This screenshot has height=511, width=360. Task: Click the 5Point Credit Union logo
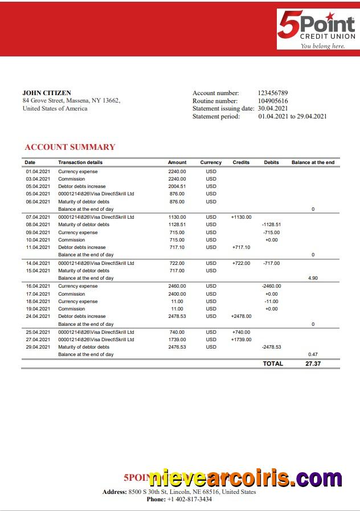[316, 30]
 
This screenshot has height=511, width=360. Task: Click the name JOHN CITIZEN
[47, 93]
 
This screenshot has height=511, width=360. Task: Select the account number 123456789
[273, 93]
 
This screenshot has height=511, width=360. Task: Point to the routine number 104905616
[273, 101]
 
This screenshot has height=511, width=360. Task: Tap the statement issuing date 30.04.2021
[273, 108]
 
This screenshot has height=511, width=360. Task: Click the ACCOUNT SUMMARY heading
[69, 147]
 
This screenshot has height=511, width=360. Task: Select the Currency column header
[211, 162]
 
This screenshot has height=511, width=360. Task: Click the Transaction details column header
[80, 162]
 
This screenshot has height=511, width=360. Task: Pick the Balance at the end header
[313, 162]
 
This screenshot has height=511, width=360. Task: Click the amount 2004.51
[177, 186]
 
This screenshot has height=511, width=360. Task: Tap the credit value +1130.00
[241, 217]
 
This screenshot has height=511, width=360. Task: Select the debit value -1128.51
[271, 224]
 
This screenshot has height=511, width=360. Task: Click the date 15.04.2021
[38, 271]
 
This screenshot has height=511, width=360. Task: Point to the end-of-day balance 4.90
[312, 278]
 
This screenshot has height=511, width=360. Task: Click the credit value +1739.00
[241, 340]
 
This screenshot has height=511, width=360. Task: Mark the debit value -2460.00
[271, 286]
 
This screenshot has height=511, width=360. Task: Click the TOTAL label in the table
[273, 363]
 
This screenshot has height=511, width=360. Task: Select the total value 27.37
[313, 363]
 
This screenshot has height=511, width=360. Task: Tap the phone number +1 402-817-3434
[189, 499]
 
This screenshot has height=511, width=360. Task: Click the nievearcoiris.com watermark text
[245, 478]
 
